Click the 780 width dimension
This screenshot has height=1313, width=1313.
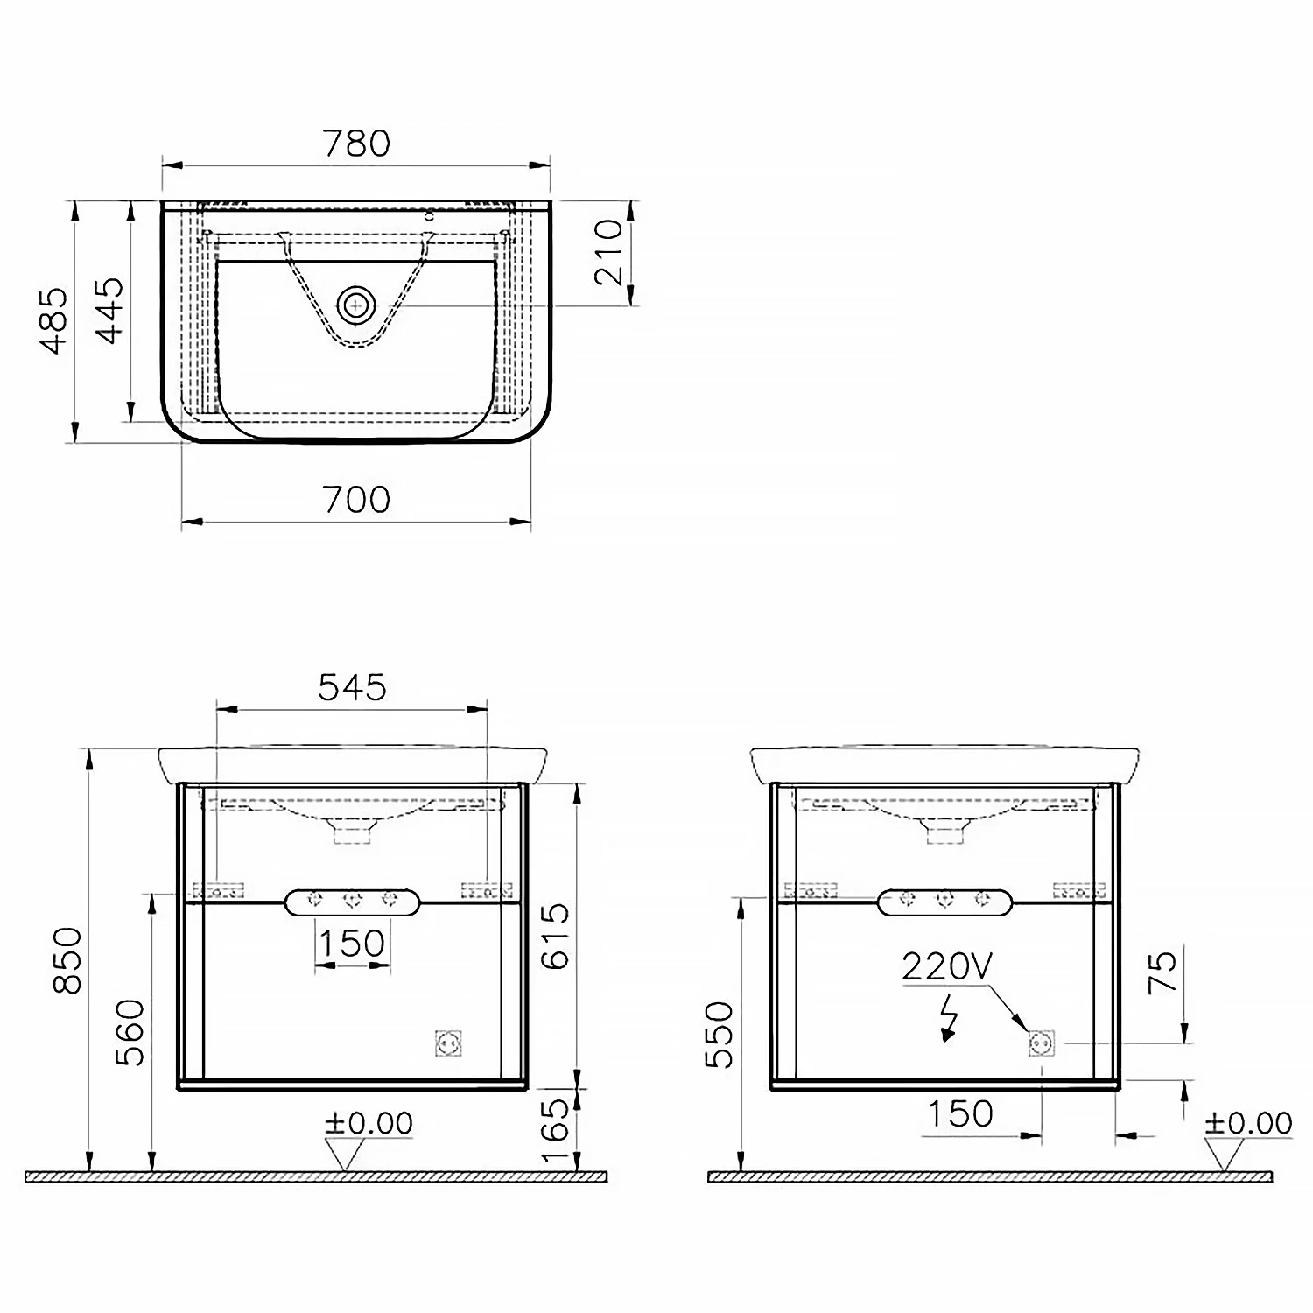[x=356, y=143]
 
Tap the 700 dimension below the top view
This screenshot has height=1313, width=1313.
[x=356, y=500]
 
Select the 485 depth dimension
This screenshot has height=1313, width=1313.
[x=54, y=320]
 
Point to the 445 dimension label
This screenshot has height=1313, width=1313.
[x=110, y=310]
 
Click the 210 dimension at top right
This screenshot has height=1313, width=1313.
[x=609, y=253]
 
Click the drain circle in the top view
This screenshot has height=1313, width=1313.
[x=356, y=305]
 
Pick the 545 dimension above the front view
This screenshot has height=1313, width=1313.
[x=352, y=687]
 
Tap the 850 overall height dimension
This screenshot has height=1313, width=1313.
[x=67, y=960]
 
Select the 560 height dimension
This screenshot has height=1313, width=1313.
[x=130, y=1032]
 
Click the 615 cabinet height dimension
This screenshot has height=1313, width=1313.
[x=555, y=937]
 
